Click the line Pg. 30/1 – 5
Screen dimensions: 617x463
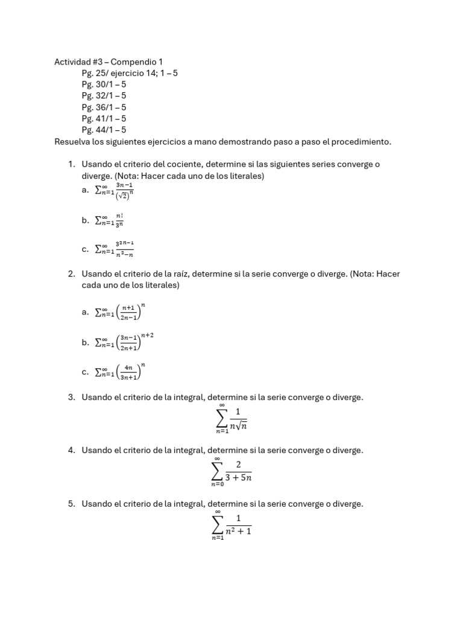(x=104, y=84)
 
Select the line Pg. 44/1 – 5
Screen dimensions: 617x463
(x=104, y=130)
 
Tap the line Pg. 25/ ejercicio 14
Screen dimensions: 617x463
(x=130, y=73)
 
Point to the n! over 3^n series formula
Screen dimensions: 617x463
(x=109, y=221)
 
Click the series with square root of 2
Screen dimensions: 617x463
(x=115, y=190)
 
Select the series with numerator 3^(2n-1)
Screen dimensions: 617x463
(x=115, y=249)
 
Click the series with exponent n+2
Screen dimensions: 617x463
(x=124, y=342)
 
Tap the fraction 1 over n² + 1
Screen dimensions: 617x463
(x=239, y=525)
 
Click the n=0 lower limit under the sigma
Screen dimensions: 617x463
(x=217, y=484)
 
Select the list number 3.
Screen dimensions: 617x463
(x=71, y=397)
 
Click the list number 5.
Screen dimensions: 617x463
(x=71, y=504)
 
